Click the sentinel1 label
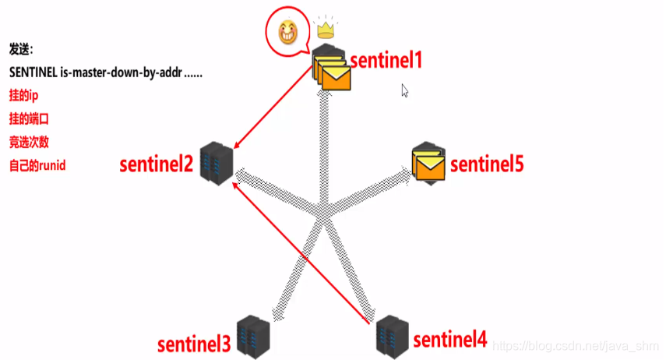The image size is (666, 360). (x=385, y=60)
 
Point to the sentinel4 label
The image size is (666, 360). (x=449, y=340)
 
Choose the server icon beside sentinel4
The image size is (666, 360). (x=389, y=334)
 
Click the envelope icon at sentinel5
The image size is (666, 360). (x=428, y=163)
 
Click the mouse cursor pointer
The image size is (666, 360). (x=405, y=90)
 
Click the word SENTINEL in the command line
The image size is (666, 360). (x=33, y=72)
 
